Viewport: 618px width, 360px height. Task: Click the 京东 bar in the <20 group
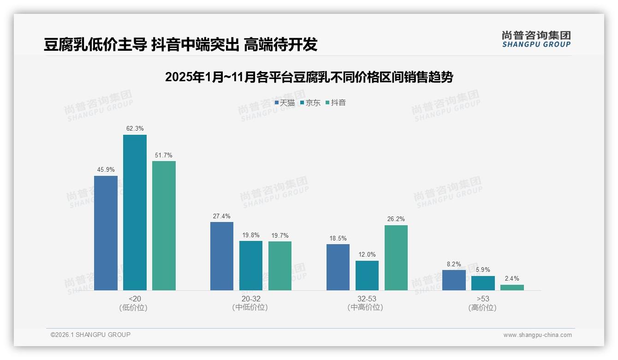point(135,212)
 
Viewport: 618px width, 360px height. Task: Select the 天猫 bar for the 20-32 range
point(222,256)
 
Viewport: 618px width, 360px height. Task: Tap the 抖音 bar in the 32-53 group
point(396,258)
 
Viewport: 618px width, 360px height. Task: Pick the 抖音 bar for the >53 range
point(512,288)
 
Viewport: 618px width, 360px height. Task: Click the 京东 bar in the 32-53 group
point(367,276)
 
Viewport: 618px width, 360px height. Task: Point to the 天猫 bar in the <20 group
point(106,233)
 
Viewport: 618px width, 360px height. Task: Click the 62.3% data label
point(135,129)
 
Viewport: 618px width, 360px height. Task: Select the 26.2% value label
point(396,219)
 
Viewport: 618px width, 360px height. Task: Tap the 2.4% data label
point(512,279)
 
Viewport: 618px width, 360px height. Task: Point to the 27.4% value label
point(222,216)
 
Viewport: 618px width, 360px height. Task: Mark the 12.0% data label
point(367,255)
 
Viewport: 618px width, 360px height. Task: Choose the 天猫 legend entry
point(285,103)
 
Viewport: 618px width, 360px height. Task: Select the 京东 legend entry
point(310,103)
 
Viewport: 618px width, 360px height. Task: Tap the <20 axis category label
point(135,299)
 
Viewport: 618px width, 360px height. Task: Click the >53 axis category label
point(483,299)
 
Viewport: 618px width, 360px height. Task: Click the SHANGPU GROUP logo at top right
point(536,39)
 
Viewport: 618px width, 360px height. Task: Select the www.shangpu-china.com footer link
point(537,335)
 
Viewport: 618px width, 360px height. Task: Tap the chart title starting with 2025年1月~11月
point(309,77)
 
